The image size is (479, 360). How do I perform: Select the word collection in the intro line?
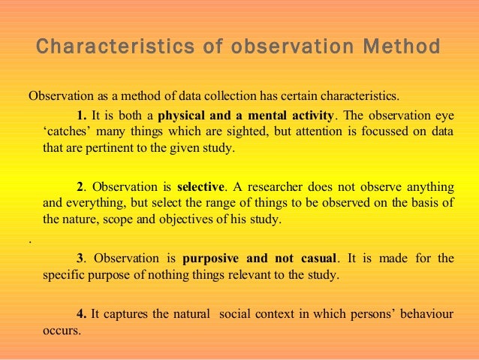[x=224, y=97]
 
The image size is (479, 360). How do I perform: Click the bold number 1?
[x=81, y=115]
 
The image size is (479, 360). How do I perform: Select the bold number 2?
[x=80, y=186]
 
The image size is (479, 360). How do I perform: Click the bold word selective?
[x=200, y=186]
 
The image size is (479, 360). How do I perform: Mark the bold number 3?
[x=80, y=258]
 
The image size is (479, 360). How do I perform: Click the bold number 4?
[x=81, y=313]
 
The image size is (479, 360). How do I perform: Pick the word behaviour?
[x=426, y=313]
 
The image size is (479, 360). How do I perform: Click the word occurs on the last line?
[x=61, y=330]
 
